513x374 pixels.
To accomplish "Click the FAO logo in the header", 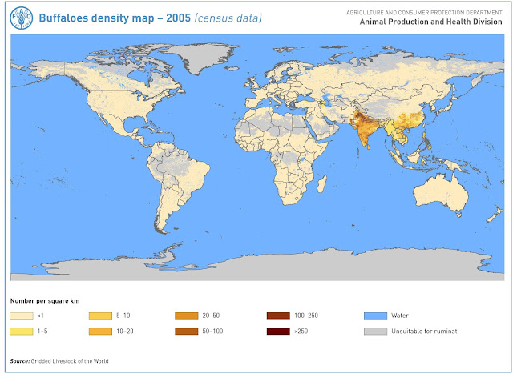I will [x=20, y=17].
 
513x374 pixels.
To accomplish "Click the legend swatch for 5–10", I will [x=101, y=316].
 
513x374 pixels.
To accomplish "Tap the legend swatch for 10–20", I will [x=101, y=331].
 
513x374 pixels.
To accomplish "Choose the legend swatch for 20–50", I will [x=185, y=316].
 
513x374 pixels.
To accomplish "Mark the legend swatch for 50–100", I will [x=185, y=331].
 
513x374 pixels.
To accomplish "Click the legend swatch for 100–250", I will [x=279, y=316].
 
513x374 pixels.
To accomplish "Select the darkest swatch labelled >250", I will [x=279, y=331].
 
